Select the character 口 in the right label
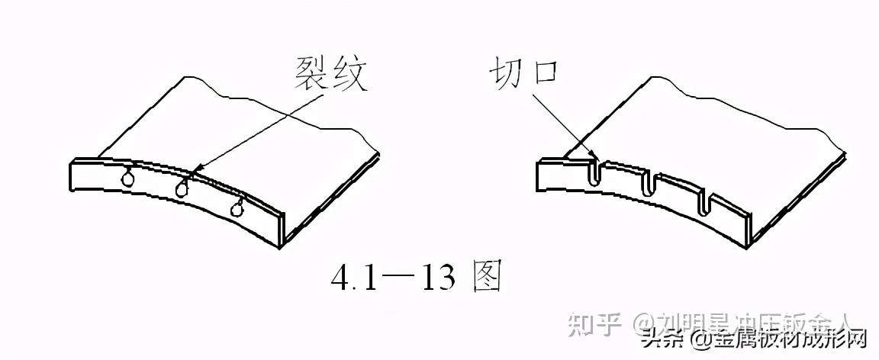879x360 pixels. coord(546,76)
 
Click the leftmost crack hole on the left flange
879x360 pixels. coord(127,178)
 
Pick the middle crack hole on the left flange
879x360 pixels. coord(182,188)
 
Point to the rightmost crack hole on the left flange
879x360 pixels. coord(240,207)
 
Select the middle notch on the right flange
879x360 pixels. coord(650,185)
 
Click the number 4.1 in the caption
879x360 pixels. coord(353,280)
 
